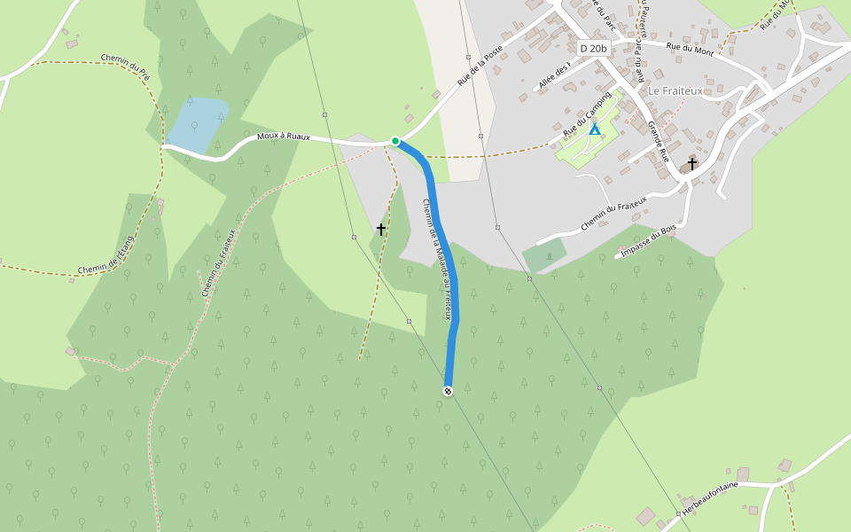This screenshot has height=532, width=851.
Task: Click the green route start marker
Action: [395, 141]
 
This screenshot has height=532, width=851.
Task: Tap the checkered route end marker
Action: [448, 391]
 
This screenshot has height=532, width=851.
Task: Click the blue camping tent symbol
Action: [595, 129]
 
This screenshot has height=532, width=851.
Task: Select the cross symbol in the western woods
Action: [381, 230]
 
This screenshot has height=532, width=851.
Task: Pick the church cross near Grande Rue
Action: [691, 163]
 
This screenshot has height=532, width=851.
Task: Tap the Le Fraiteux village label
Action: [675, 90]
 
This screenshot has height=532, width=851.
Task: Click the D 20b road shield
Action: [594, 47]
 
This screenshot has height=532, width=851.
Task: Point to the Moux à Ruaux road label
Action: [284, 137]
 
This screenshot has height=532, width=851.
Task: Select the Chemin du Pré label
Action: [125, 66]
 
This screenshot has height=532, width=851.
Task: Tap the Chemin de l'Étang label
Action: [106, 254]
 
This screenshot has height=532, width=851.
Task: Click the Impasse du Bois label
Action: [648, 239]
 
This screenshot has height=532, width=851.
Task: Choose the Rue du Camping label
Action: [587, 113]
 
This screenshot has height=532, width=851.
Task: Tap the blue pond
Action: [197, 124]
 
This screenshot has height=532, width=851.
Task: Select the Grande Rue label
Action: [659, 141]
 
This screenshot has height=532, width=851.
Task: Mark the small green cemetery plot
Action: [544, 255]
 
